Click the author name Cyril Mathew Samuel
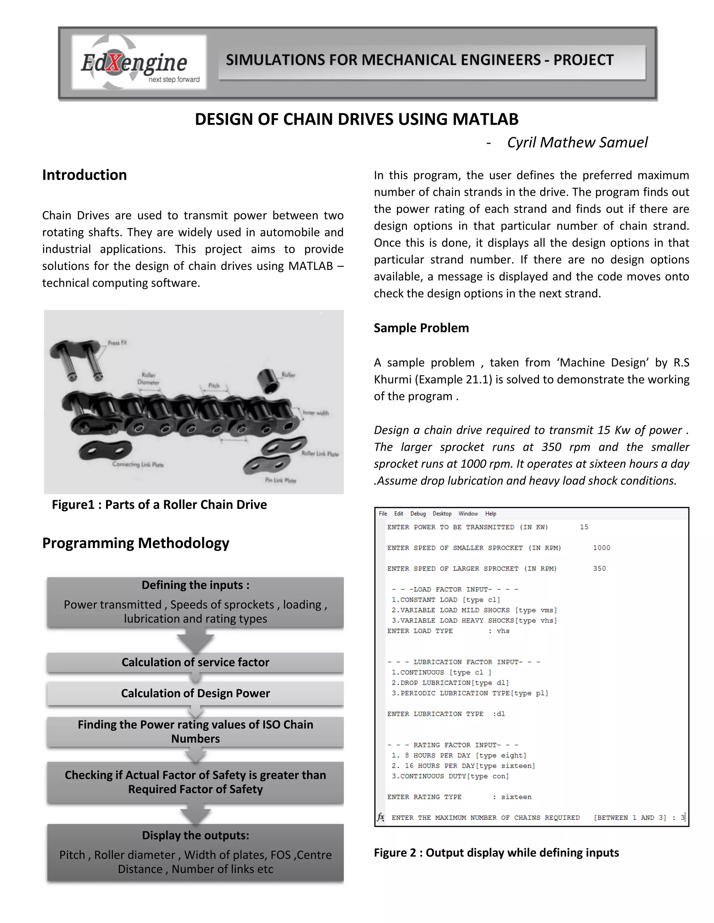click(577, 142)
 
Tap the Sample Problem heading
click(421, 328)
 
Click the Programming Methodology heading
click(135, 543)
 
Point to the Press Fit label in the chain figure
click(117, 343)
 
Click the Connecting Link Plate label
click(138, 464)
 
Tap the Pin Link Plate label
click(280, 481)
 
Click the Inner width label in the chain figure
click(316, 413)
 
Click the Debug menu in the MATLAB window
click(418, 513)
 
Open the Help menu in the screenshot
click(490, 513)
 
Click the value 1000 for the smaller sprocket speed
click(601, 548)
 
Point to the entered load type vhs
click(503, 631)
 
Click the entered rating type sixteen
click(516, 797)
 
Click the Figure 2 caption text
click(496, 853)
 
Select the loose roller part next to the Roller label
click(268, 381)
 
